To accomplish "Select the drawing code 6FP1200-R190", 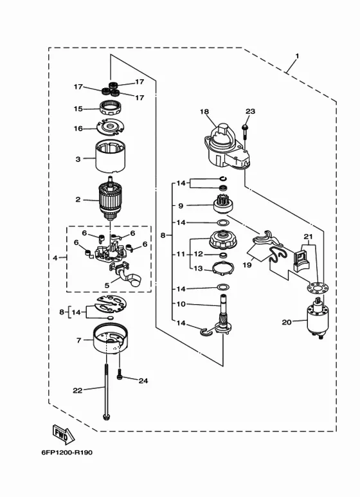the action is click(67, 452).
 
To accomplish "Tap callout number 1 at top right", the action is click(297, 56).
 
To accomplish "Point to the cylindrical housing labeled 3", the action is click(111, 157).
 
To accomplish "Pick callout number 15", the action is click(78, 109).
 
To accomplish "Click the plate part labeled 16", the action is click(111, 127).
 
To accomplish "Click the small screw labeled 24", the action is click(120, 374).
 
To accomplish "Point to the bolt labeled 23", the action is click(245, 131).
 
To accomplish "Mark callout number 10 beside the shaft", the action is click(181, 304).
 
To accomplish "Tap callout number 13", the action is click(198, 269).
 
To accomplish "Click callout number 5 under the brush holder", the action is click(107, 285).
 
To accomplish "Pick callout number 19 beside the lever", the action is click(247, 264).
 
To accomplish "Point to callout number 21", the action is click(309, 237).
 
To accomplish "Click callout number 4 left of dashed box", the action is click(55, 258).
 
